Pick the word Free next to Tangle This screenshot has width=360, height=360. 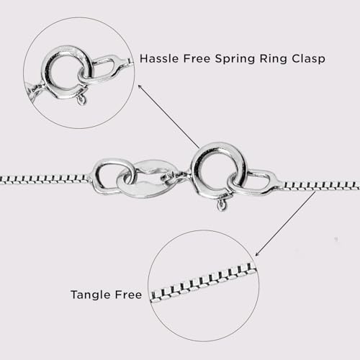128,294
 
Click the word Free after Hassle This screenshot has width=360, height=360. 197,58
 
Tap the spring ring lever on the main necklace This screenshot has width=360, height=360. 222,204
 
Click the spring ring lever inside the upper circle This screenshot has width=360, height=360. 81,100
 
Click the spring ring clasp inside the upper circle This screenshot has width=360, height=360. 66,72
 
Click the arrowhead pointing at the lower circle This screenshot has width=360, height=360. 257,254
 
